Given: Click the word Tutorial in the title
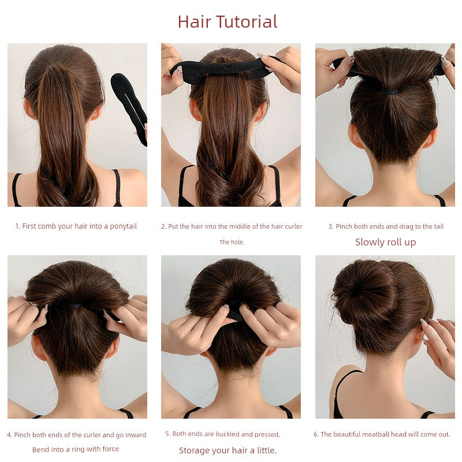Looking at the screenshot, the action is pos(247,22).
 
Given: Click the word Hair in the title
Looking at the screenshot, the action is pos(195,22).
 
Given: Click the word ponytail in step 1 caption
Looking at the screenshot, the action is pos(124,226).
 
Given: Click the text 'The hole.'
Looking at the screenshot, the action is pos(232,242).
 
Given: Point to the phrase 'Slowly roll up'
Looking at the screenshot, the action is pos(385,242).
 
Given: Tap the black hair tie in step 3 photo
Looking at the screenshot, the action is pos(390,91).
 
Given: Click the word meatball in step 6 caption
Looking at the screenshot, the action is pos(375,434).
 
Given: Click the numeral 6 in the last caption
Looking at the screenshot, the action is pos(315,434).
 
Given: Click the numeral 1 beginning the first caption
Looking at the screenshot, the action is pos(17,226).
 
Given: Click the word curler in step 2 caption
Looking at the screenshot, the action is pos(293,226).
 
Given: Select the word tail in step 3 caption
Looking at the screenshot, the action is pos(439,226).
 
